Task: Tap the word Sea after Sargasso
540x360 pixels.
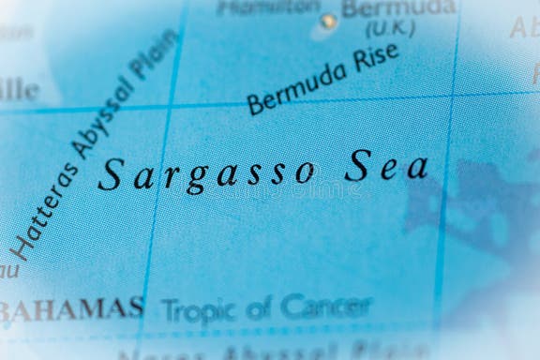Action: (x=385, y=168)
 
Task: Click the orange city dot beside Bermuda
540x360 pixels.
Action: (x=326, y=21)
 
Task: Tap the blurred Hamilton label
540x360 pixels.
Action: (x=267, y=7)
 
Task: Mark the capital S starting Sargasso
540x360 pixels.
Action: (x=111, y=173)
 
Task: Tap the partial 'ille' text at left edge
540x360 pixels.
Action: (x=19, y=91)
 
